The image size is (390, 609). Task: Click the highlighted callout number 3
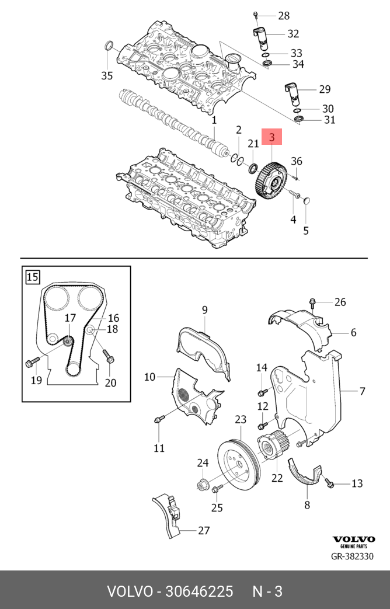pos(272,137)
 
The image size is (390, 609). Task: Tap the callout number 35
pos(106,75)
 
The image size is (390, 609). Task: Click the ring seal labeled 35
pos(109,47)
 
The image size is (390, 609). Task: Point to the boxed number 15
pos(33,276)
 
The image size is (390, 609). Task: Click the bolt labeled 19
pos(32,362)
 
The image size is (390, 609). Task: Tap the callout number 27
pos(203,530)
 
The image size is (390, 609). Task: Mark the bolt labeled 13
pos(329,483)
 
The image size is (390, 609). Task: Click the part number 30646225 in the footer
pos(200,591)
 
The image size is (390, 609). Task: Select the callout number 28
pos(284,15)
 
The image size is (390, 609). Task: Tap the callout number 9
pos(205,309)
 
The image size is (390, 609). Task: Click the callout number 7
pos(362,391)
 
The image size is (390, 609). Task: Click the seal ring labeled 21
pos(253,169)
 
